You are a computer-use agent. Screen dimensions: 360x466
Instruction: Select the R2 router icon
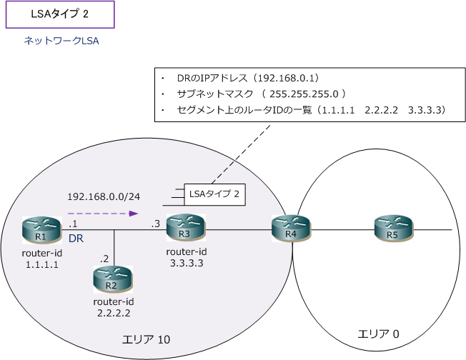[x=111, y=279]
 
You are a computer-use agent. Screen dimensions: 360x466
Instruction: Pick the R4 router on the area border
[x=290, y=230]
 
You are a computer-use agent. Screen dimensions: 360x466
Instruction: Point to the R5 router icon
[x=393, y=230]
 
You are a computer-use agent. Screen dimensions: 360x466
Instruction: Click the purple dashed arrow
[x=102, y=213]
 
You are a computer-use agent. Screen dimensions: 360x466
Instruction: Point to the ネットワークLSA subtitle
[x=61, y=41]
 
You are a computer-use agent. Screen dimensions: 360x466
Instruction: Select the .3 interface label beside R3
[x=155, y=224]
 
